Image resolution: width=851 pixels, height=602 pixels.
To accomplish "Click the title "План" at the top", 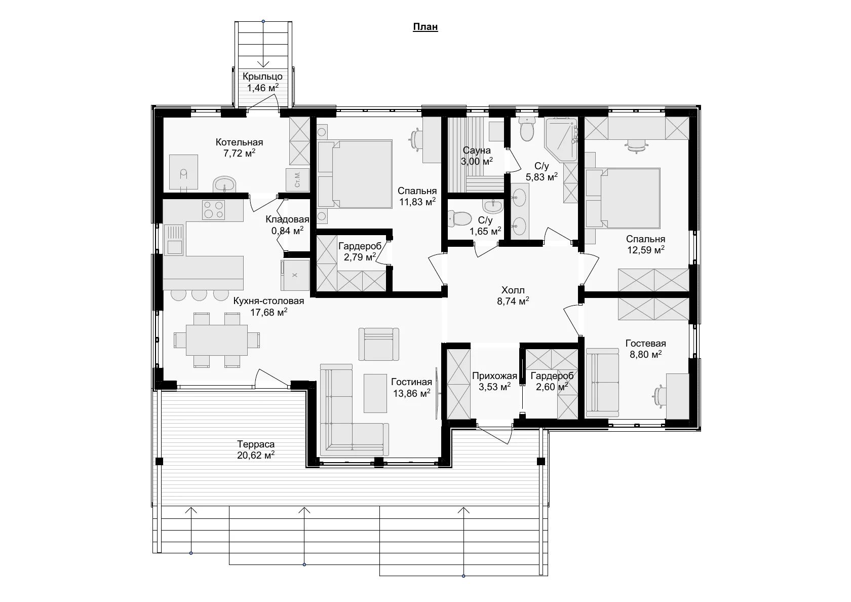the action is (x=425, y=26).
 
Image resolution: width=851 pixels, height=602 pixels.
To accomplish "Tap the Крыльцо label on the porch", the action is (x=262, y=76).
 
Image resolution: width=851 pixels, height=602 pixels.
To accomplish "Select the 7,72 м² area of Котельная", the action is (x=239, y=153).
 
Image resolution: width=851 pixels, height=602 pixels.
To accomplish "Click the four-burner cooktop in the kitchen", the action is (x=214, y=210).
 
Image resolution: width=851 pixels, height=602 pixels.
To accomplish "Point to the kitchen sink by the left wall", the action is (x=174, y=239).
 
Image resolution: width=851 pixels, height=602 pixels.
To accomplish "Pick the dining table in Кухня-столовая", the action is (x=217, y=340).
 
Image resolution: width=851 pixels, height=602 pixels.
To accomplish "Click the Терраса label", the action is (x=256, y=444).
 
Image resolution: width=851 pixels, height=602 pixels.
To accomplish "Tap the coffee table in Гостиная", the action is (x=375, y=393).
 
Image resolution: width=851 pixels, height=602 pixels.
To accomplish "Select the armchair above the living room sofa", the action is (x=379, y=344).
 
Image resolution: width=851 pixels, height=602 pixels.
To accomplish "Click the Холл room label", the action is (x=513, y=290).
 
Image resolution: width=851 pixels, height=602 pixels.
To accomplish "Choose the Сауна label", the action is (x=477, y=150).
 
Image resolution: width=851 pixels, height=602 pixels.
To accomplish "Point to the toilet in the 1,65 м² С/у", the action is (x=459, y=218).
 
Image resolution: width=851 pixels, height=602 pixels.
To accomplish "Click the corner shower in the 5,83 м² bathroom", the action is (x=561, y=139).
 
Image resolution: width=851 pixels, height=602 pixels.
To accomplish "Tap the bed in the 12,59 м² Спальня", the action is (x=623, y=198).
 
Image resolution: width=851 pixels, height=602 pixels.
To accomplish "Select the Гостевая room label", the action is (x=645, y=343).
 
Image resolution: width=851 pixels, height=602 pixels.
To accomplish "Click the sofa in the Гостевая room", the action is (x=602, y=382).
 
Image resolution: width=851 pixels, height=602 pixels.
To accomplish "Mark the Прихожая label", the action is (x=494, y=376).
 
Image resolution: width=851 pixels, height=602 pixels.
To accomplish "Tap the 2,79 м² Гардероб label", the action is (x=360, y=251).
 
